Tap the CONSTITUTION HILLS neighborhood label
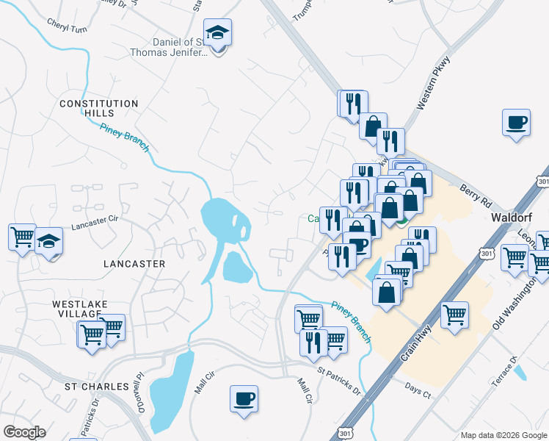(x=99, y=109)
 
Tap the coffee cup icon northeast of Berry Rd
(x=516, y=121)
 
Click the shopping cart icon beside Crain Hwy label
(x=455, y=314)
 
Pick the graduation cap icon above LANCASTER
(x=48, y=240)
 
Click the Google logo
(x=25, y=432)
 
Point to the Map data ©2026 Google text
(x=503, y=435)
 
